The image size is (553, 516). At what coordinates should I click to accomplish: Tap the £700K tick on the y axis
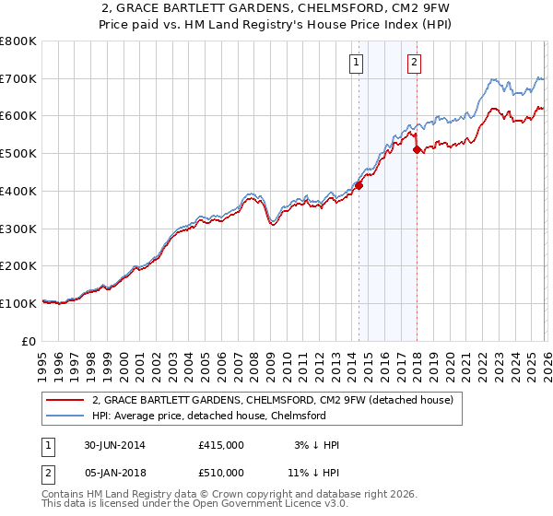click(x=18, y=78)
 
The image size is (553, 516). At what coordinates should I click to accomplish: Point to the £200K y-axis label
click(x=18, y=265)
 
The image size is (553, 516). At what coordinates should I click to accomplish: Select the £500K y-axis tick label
click(x=18, y=153)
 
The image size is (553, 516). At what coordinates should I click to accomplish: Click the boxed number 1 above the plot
click(x=357, y=63)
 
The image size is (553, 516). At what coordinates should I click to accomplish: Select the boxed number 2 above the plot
click(x=414, y=63)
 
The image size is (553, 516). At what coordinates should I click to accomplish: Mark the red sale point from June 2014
click(x=359, y=185)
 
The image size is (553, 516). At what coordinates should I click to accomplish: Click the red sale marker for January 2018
click(x=417, y=149)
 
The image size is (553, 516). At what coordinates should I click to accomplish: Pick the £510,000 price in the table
click(x=221, y=473)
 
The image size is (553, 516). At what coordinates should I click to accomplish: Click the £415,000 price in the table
click(x=221, y=445)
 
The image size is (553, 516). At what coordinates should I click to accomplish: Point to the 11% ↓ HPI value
click(x=313, y=473)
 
